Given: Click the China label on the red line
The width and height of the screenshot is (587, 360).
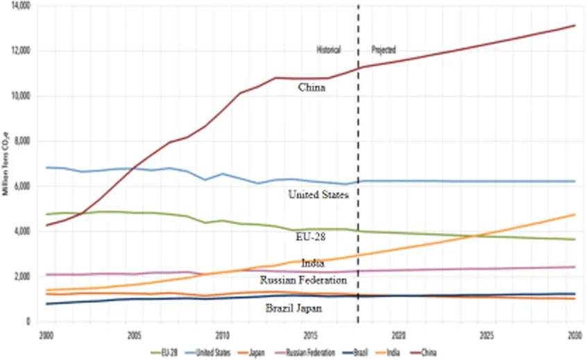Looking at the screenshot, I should [x=312, y=87].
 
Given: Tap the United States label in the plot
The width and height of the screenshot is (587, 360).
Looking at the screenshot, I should [x=318, y=195].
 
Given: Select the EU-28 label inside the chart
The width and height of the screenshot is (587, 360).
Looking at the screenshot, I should [x=310, y=237].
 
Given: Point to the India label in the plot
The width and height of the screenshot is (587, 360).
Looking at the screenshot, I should [x=313, y=264].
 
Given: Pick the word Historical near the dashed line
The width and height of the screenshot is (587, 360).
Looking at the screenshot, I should [x=330, y=50].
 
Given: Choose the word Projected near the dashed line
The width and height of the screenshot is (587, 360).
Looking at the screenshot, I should [x=383, y=50].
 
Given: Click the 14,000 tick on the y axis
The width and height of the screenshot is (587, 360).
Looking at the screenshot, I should [x=22, y=6].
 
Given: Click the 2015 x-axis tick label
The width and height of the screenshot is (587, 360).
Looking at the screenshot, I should [x=310, y=334].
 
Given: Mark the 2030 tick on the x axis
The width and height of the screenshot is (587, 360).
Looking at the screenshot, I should [x=575, y=334].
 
